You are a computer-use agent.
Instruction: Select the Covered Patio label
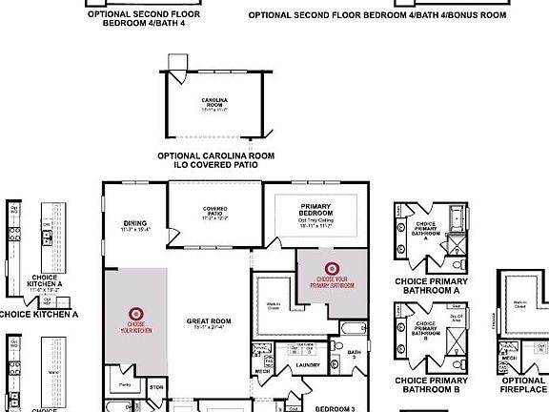[x=213, y=212]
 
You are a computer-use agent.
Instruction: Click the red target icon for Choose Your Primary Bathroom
[x=332, y=269]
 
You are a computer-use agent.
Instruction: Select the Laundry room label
[x=307, y=364]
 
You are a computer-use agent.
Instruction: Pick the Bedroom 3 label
[x=335, y=408]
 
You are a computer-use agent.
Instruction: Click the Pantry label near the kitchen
[x=125, y=385]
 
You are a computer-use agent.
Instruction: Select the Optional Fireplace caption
[x=523, y=385]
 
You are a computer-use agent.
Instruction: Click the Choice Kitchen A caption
[x=38, y=314]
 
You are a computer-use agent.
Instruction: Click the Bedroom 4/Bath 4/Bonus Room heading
[x=377, y=15]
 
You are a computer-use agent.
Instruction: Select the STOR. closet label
[x=157, y=387]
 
